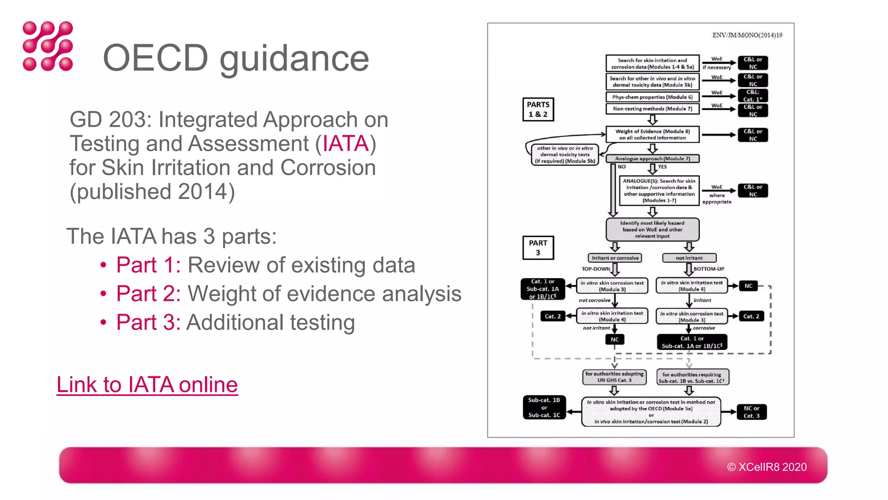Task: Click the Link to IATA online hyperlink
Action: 147,385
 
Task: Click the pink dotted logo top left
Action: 48,46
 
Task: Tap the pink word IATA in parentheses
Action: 346,144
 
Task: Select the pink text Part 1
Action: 148,265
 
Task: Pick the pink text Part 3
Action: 148,322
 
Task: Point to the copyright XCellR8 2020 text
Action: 767,467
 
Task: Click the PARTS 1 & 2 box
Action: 538,109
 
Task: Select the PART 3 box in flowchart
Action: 538,248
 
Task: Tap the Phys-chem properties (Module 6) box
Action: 652,97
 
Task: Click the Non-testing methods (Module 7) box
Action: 652,109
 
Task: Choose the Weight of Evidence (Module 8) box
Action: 652,135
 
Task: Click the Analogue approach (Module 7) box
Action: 652,159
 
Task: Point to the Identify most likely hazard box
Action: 652,230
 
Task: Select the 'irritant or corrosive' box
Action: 615,258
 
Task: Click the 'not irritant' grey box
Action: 689,258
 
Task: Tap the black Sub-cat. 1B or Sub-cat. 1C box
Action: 544,408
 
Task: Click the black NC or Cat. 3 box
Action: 751,412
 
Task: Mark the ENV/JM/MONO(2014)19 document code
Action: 747,35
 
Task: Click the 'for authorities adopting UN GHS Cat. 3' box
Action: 614,377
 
